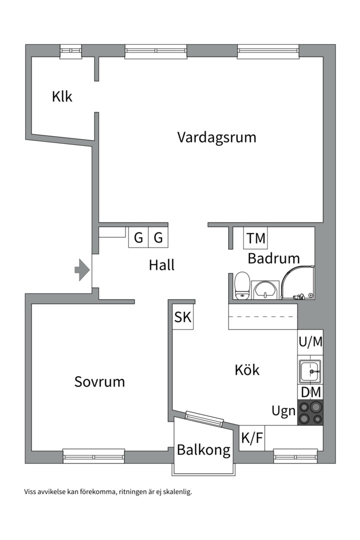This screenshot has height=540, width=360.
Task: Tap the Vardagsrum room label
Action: click(x=216, y=137)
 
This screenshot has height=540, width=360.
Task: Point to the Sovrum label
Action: click(x=99, y=381)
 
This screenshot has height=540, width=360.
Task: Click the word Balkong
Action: click(x=203, y=450)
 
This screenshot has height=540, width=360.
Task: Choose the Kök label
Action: click(x=247, y=370)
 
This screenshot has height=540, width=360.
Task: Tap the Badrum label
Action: click(x=273, y=258)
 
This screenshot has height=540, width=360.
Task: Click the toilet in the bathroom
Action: click(x=241, y=286)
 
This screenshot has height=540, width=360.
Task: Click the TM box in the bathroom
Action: click(x=255, y=238)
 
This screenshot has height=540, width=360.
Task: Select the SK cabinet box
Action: click(x=182, y=316)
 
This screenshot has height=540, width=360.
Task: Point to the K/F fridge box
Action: click(x=252, y=438)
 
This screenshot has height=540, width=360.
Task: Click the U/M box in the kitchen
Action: click(x=310, y=342)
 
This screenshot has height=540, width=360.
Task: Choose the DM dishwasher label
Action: click(x=310, y=392)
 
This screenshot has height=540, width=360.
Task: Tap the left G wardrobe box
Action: click(x=138, y=237)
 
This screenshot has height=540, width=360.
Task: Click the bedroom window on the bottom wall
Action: click(x=94, y=456)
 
